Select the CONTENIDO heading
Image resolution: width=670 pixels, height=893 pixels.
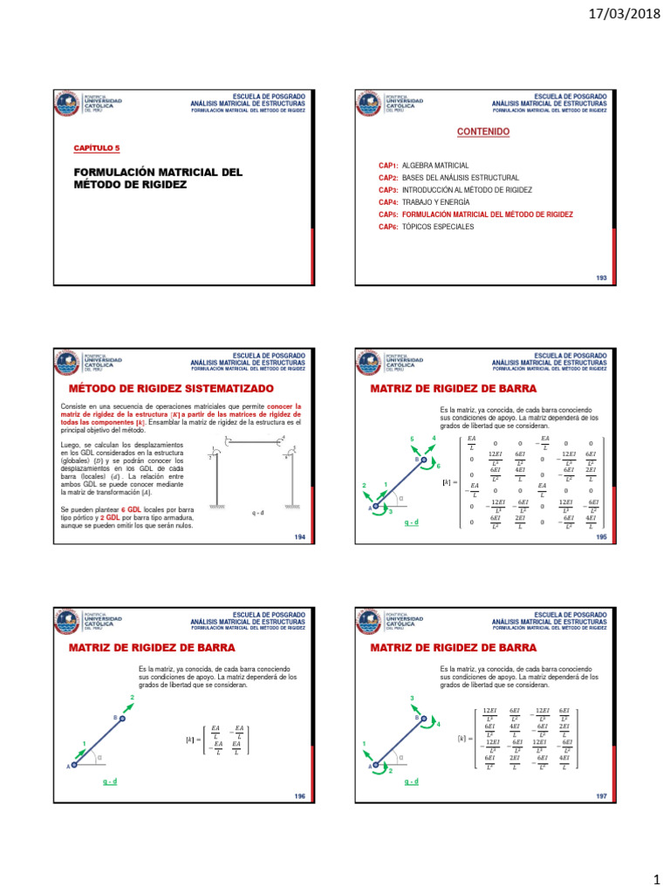pos(483,132)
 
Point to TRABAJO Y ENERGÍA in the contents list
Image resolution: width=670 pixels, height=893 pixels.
pos(428,201)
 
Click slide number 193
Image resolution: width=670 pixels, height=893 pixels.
pos(601,278)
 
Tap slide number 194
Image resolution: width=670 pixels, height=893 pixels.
pos(299,538)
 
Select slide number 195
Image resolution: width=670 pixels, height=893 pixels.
pos(601,538)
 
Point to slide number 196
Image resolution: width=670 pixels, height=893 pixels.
pos(299,797)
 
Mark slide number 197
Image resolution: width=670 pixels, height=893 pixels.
pos(601,797)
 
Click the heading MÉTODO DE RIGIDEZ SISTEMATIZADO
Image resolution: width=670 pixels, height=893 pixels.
pos(171,388)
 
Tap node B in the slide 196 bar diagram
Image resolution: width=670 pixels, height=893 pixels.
pos(122,719)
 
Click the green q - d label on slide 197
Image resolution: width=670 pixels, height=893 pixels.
pos(411,782)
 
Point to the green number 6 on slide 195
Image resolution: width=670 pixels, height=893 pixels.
pos(438,467)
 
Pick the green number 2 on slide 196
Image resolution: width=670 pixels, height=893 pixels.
pos(133,699)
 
